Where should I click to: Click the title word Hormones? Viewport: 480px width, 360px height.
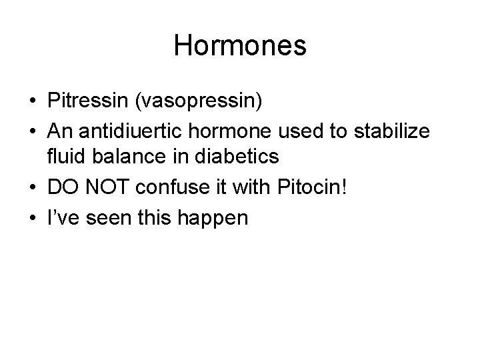tap(240, 46)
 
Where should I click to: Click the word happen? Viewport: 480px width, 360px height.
tap(213, 218)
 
